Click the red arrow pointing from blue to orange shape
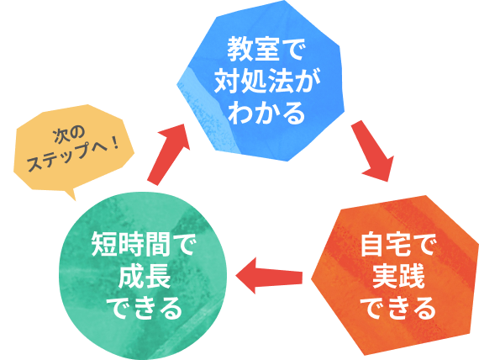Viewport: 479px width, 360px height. point(373,151)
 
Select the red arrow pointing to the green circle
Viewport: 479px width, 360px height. point(269,276)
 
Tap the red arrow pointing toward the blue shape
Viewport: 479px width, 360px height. point(169,155)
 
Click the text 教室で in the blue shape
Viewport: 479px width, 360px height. point(265,50)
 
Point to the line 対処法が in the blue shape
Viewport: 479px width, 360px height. point(267,80)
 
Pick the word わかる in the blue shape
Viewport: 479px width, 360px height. point(266,112)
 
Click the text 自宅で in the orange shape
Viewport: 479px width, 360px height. point(397,245)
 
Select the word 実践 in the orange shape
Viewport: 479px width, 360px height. point(398,276)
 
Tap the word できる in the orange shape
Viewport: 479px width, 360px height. point(397,307)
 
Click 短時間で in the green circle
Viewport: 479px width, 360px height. point(143,244)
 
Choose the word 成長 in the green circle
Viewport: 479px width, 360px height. point(145,276)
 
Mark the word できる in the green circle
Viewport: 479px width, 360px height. point(144,307)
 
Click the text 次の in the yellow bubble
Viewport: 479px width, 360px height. point(69,135)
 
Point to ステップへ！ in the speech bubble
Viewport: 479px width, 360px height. point(73,154)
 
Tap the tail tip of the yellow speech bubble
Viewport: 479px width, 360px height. point(75,200)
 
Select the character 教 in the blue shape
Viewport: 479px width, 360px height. point(240,50)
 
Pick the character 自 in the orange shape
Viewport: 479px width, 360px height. point(372,245)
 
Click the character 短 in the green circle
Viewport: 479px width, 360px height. point(104,244)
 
